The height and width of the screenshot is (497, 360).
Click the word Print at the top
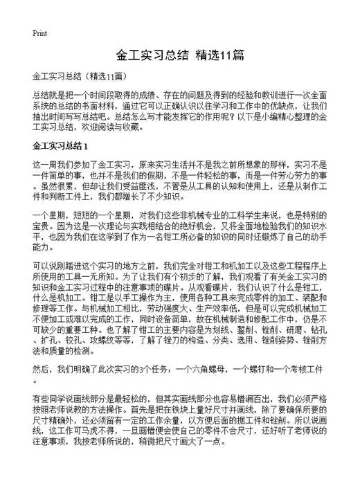(39, 33)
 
